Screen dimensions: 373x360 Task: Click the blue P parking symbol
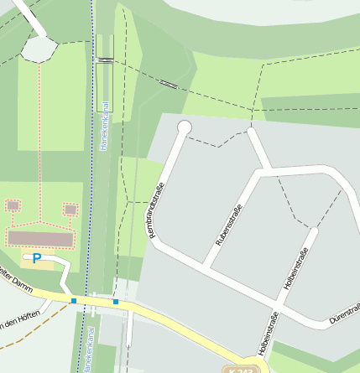pyautogui.click(x=36, y=258)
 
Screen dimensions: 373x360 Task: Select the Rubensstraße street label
pyautogui.click(x=229, y=224)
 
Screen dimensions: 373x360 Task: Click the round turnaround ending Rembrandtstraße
pyautogui.click(x=184, y=127)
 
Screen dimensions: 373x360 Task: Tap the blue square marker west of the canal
pyautogui.click(x=74, y=300)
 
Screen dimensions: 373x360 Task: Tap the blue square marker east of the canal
pyautogui.click(x=116, y=302)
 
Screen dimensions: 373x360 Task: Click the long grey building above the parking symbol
pyautogui.click(x=41, y=239)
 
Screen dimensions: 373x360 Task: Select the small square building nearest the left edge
pyautogui.click(x=13, y=205)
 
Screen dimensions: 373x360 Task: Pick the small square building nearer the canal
pyautogui.click(x=70, y=209)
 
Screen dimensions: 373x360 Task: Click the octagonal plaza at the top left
pyautogui.click(x=38, y=49)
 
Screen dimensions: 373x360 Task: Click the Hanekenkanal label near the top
pyautogui.click(x=105, y=126)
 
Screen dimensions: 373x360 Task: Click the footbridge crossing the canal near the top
pyautogui.click(x=105, y=60)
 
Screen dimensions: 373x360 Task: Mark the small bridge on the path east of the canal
pyautogui.click(x=169, y=84)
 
